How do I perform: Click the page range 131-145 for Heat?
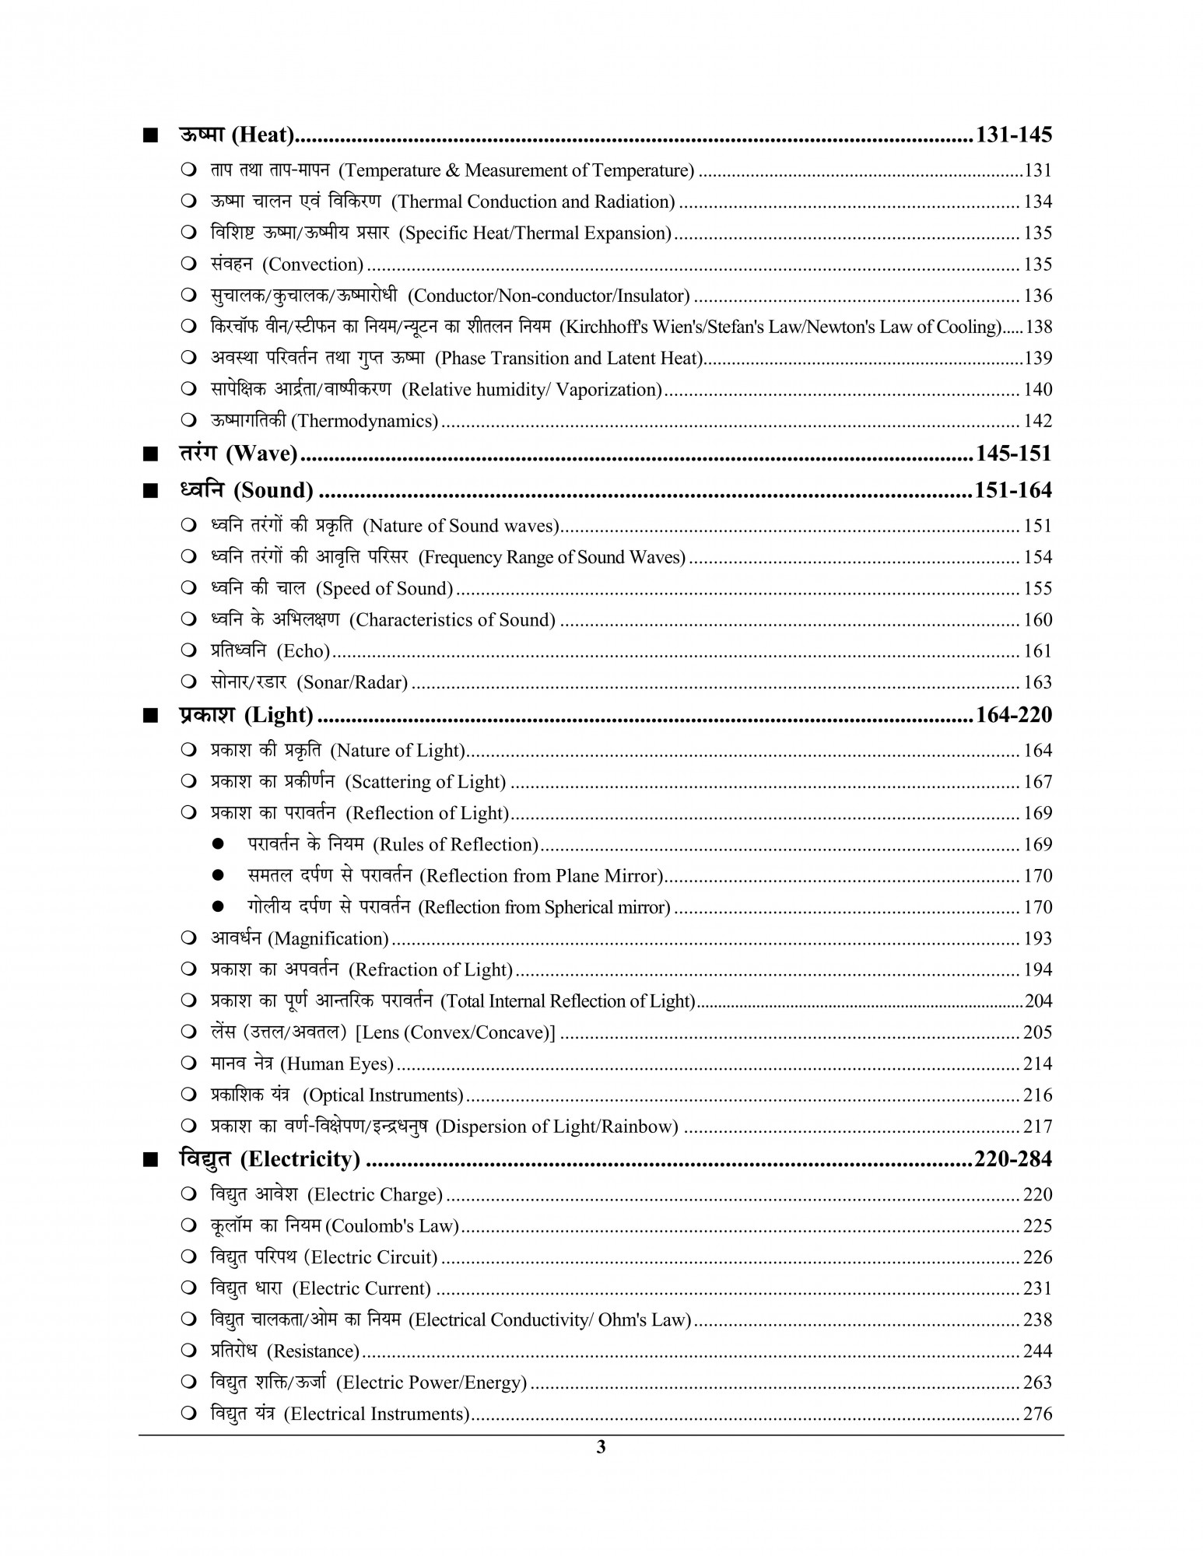1013,135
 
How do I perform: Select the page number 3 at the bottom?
600,1447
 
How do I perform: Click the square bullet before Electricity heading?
149,1161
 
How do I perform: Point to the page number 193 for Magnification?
1037,939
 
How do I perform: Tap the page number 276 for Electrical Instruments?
1037,1414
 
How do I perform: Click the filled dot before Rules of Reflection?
219,844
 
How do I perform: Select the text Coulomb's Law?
391,1226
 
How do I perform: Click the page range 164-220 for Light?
1013,715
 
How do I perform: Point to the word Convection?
313,265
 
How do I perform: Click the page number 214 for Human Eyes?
1037,1064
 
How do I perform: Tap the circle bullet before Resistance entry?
188,1351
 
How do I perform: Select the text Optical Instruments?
383,1095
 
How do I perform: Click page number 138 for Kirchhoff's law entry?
1039,327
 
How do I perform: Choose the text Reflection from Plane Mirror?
541,876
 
